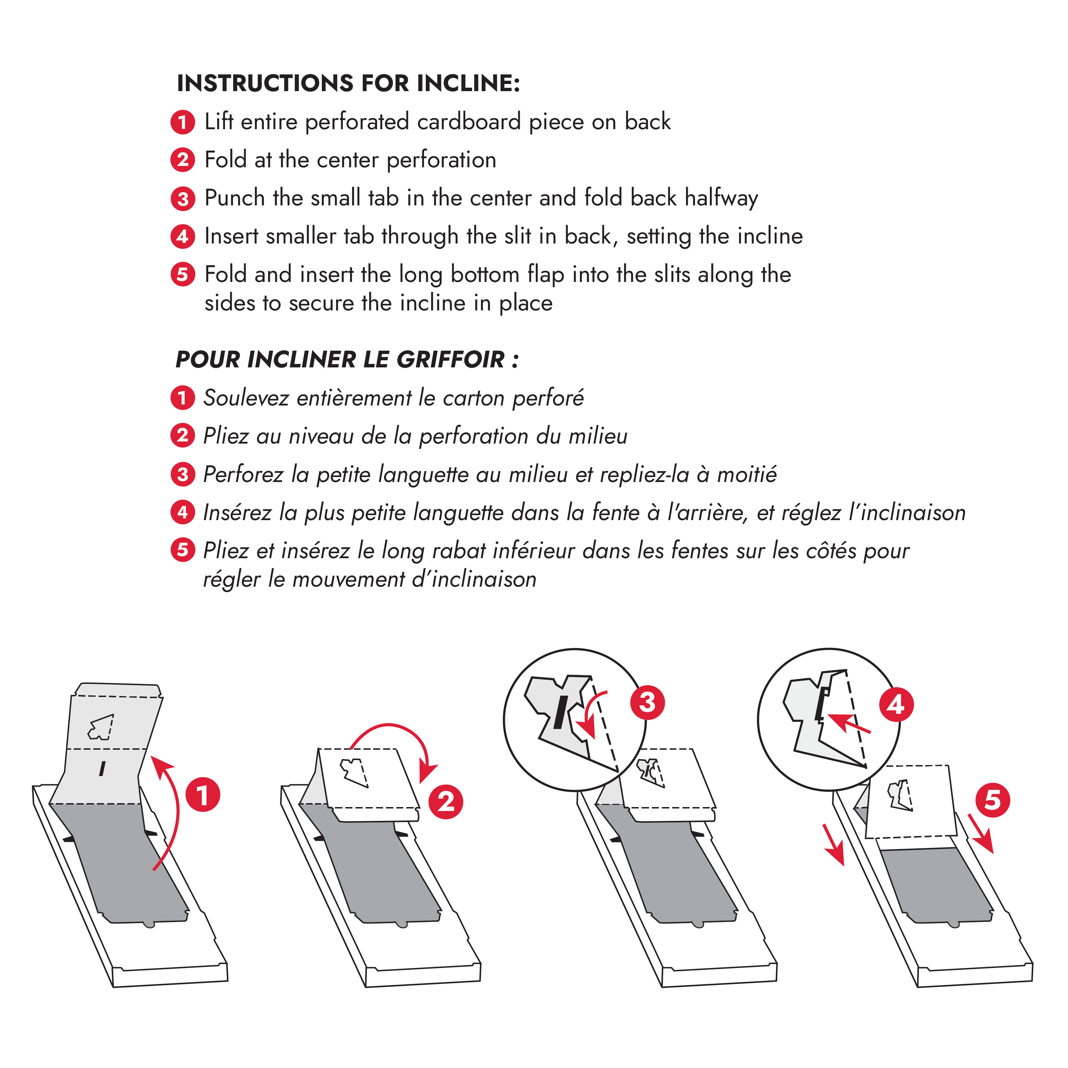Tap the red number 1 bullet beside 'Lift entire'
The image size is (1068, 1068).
tap(182, 122)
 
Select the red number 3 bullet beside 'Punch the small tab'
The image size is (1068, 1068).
tap(182, 198)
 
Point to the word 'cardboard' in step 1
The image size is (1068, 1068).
tap(468, 122)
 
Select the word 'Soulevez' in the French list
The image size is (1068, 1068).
tap(245, 398)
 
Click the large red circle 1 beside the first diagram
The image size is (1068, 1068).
tap(202, 795)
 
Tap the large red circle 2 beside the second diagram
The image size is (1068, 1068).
tap(446, 802)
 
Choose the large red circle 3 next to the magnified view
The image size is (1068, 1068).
tap(647, 703)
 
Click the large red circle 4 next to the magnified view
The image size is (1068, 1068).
tap(896, 705)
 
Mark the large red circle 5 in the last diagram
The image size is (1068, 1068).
tap(992, 800)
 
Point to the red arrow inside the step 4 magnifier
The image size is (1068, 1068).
tap(849, 724)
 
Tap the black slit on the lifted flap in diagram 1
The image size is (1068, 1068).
tap(102, 768)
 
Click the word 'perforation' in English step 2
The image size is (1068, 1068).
tap(441, 160)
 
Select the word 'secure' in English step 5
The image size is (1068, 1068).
tap(321, 303)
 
